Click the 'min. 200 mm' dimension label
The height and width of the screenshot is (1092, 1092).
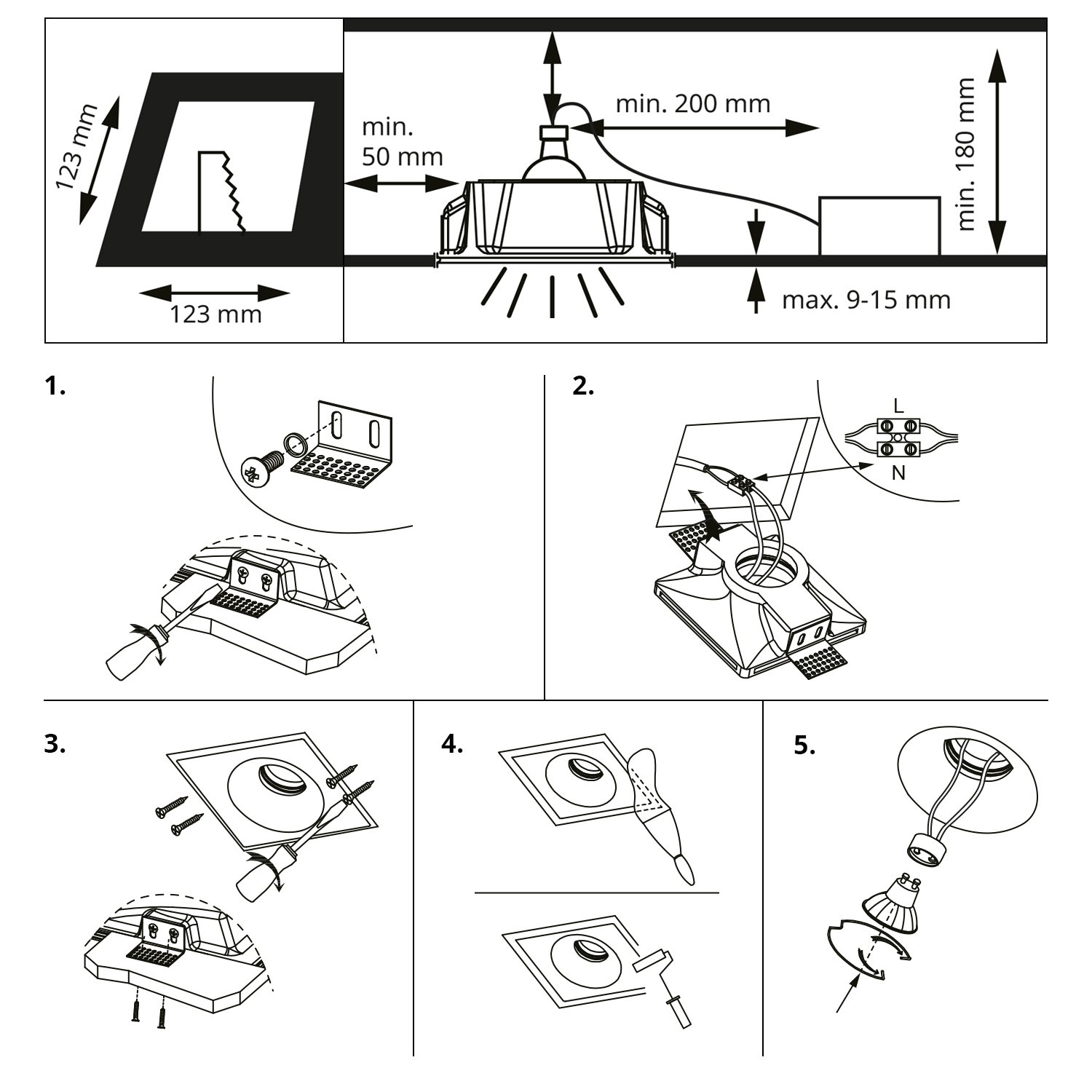[x=692, y=104]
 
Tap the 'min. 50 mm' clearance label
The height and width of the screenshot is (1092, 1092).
[x=403, y=142]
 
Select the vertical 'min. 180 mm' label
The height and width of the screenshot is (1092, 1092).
[x=967, y=154]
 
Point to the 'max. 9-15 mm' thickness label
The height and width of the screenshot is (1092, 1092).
[x=866, y=299]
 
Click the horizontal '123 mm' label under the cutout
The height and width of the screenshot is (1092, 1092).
[x=215, y=314]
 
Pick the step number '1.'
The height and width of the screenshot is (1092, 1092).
[x=55, y=387]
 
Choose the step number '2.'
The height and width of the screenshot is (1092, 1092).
[x=583, y=387]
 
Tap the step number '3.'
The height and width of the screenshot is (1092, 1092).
[x=55, y=745]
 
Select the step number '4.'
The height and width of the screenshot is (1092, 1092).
[x=452, y=745]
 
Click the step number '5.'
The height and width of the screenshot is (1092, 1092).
[x=804, y=745]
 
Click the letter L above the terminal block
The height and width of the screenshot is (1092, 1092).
[x=898, y=407]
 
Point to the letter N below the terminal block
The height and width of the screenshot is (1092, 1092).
[x=899, y=473]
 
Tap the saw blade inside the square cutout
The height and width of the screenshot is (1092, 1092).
[x=223, y=192]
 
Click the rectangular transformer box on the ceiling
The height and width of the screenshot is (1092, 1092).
[x=879, y=226]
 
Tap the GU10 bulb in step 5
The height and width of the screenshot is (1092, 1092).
[x=893, y=903]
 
